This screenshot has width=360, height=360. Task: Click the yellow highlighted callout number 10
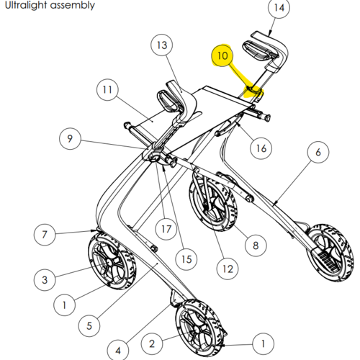(x=222, y=55)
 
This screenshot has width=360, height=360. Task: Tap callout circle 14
(x=279, y=7)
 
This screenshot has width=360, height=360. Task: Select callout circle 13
(x=162, y=45)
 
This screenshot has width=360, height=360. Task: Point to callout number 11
(x=107, y=90)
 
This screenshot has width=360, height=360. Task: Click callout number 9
(x=70, y=138)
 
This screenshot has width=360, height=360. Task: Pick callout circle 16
(x=261, y=148)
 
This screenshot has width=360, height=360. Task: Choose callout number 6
(x=318, y=152)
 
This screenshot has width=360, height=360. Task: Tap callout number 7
(x=45, y=234)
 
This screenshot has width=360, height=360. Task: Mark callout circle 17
(x=166, y=229)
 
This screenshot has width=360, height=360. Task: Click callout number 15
(x=186, y=259)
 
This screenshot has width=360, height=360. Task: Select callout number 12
(x=228, y=269)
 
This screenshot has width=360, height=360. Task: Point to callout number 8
(x=256, y=246)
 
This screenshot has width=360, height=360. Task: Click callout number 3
(x=45, y=280)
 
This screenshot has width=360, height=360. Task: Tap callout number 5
(x=89, y=325)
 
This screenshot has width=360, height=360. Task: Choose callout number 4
(x=118, y=351)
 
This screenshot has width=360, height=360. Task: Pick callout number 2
(x=152, y=343)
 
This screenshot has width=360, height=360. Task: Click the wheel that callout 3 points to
(x=112, y=261)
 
